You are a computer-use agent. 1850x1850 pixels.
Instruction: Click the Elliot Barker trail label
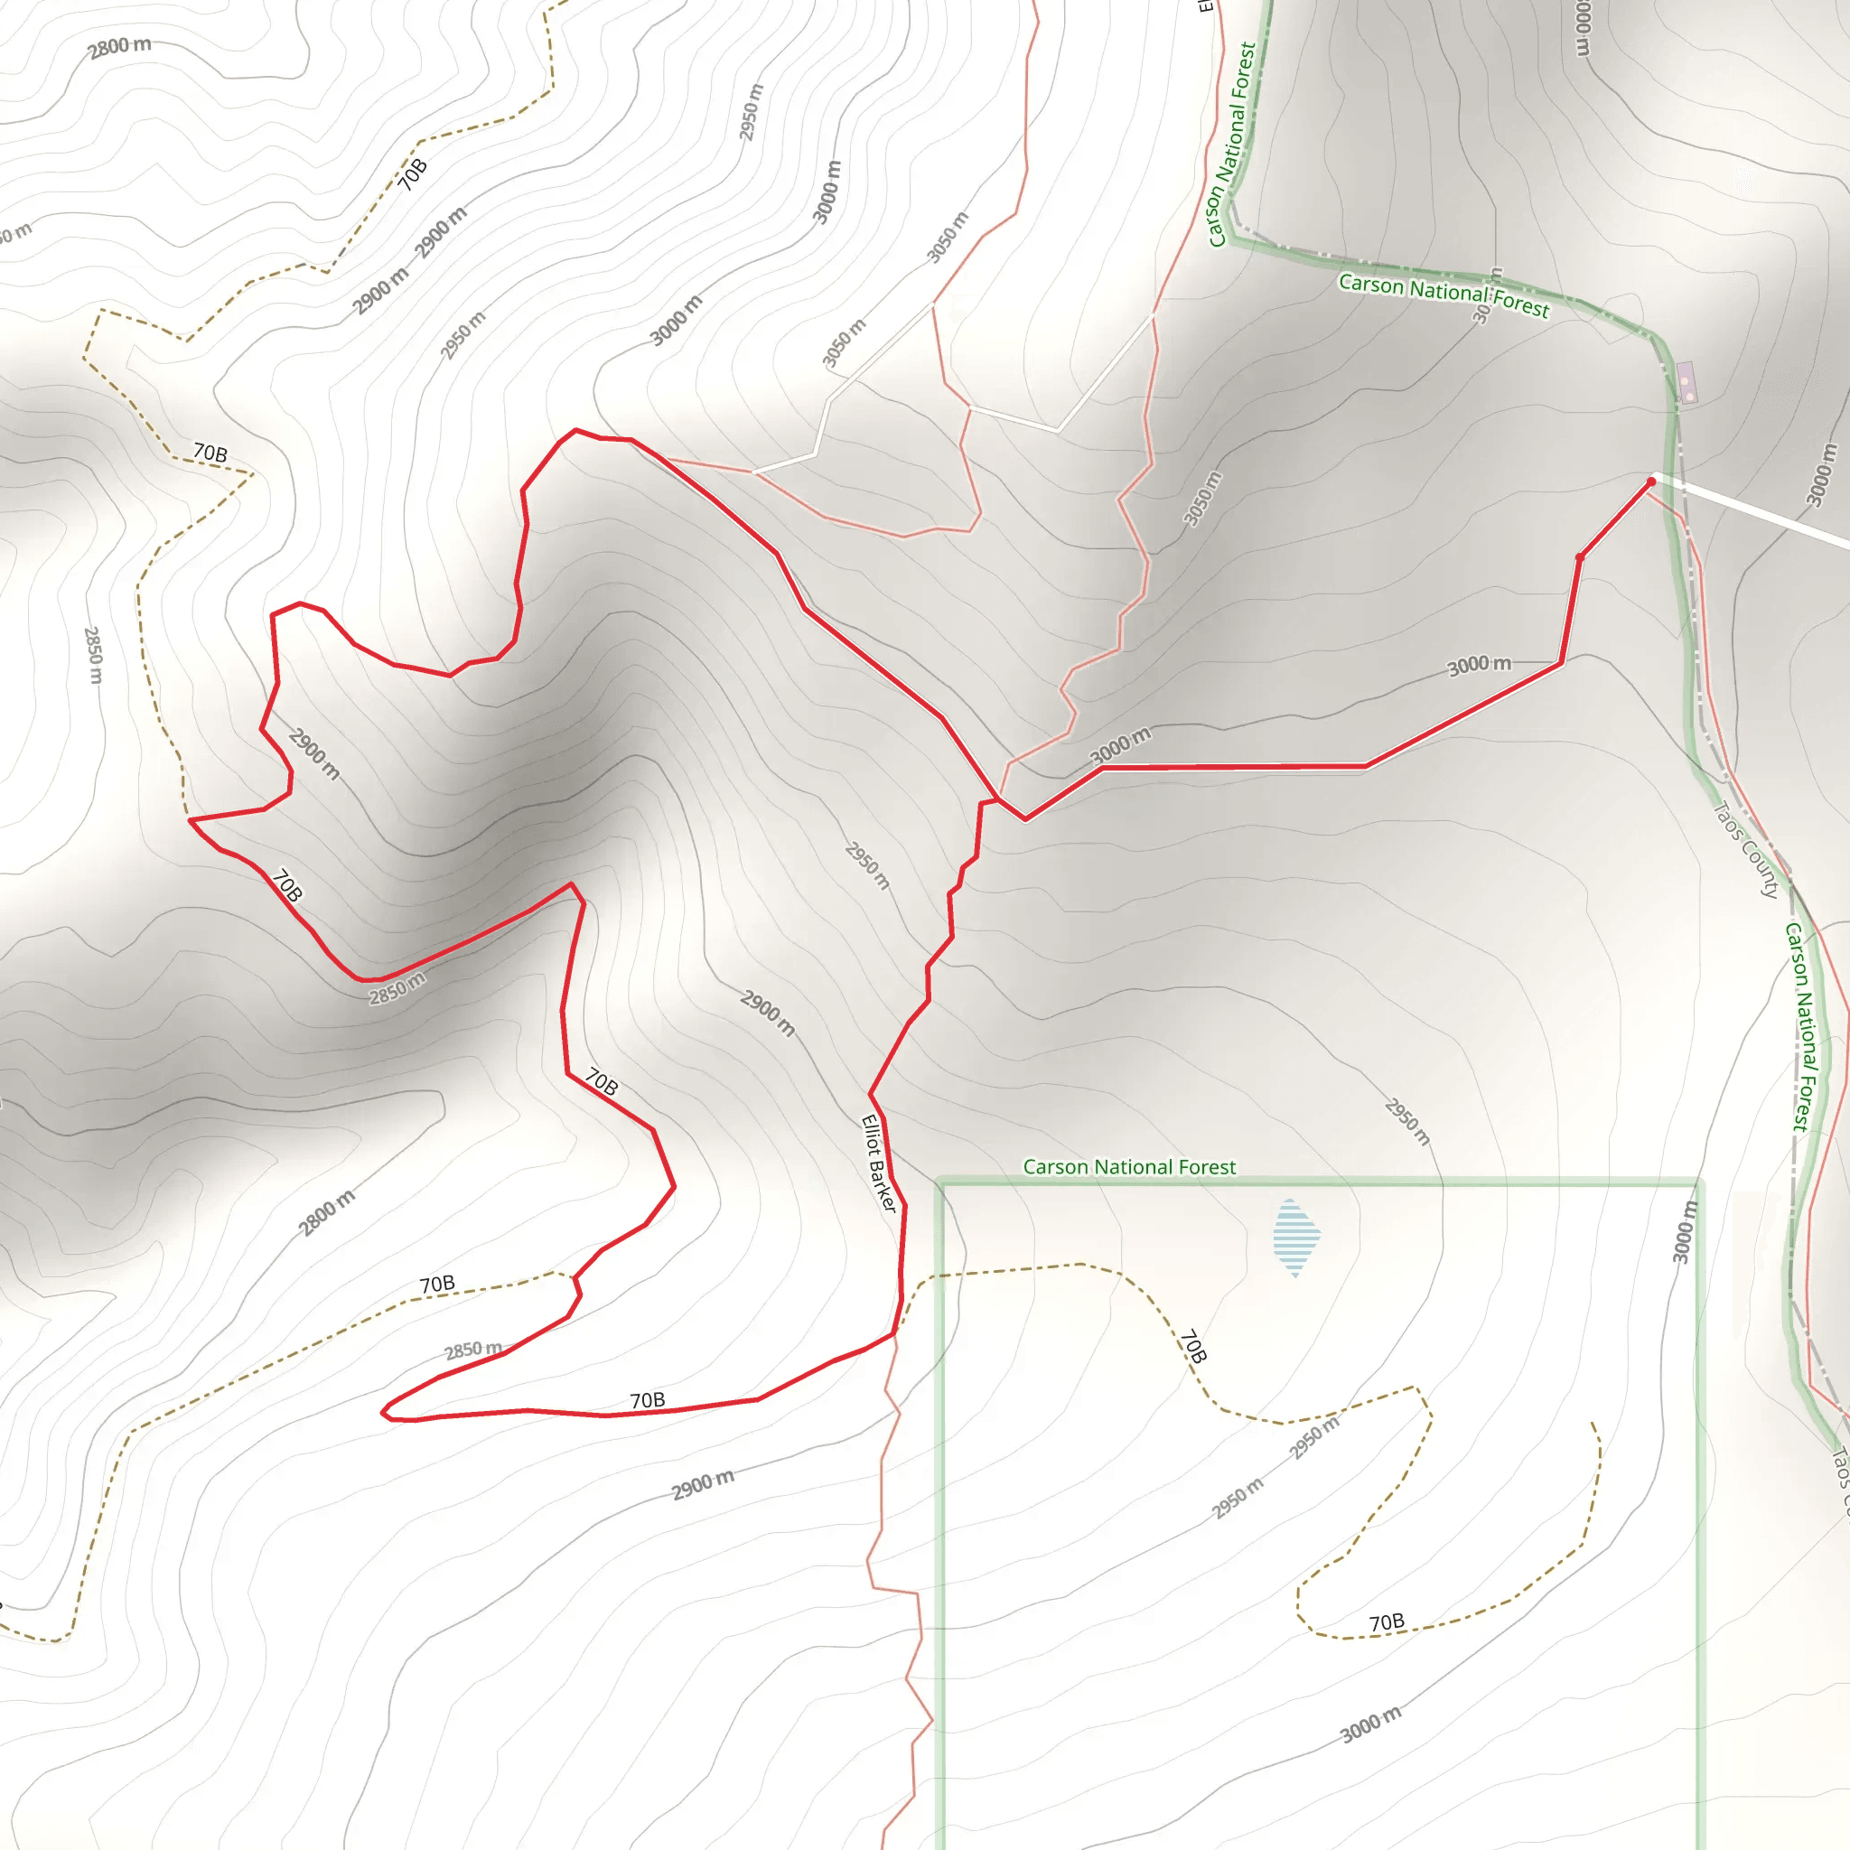tap(879, 1163)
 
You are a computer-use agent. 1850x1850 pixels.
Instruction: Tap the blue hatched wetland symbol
tap(1296, 1238)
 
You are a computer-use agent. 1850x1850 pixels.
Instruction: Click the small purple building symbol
tap(1686, 382)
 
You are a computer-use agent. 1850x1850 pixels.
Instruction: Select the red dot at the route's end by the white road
tap(1652, 481)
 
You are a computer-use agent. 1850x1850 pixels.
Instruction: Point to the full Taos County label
tap(1745, 849)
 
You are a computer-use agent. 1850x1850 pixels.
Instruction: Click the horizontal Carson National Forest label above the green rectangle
tap(1129, 1167)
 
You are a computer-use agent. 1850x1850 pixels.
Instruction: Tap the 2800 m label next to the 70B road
tap(326, 1212)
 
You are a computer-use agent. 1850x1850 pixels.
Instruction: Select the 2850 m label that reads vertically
tap(93, 655)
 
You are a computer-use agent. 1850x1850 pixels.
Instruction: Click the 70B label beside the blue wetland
tap(1193, 1345)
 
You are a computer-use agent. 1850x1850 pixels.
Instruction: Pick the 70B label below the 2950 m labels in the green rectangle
tap(1387, 1622)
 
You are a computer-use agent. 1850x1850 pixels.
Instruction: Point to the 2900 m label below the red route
tap(703, 1485)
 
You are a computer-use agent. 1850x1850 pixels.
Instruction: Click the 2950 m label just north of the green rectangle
tap(1406, 1122)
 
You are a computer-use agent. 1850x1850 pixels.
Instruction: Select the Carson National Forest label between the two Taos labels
tap(1800, 1027)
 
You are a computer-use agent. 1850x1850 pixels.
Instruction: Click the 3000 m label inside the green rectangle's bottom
tap(1370, 1724)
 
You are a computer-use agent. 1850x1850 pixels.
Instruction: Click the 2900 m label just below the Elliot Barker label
tap(768, 1014)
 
